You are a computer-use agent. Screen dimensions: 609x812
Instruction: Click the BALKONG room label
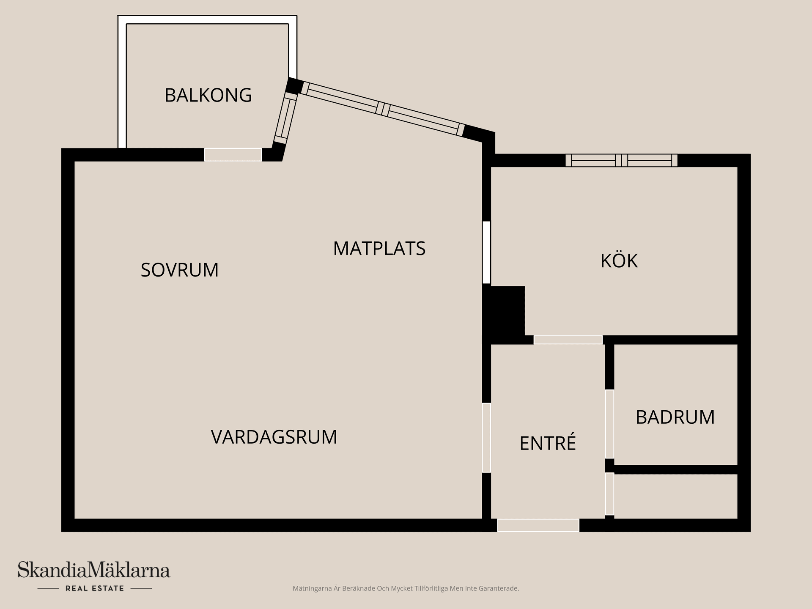click(x=208, y=95)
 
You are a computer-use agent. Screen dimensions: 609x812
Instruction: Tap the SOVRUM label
click(x=180, y=270)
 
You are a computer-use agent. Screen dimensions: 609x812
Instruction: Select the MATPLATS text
click(x=379, y=248)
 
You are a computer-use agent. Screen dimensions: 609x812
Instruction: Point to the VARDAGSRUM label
click(x=274, y=437)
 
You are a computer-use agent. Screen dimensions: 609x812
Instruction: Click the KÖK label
click(x=619, y=261)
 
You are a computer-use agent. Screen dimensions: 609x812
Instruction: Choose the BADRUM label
click(x=675, y=417)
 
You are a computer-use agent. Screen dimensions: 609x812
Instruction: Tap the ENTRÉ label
click(x=548, y=443)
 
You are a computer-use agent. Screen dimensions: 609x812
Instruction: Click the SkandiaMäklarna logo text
click(x=94, y=570)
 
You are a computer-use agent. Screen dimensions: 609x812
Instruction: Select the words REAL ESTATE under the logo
click(x=95, y=588)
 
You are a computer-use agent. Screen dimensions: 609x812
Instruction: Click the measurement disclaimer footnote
click(x=406, y=588)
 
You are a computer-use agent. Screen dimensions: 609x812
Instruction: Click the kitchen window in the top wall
click(x=621, y=160)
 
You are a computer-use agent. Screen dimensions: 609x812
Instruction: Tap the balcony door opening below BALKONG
click(x=233, y=155)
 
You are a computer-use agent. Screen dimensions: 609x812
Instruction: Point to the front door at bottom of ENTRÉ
click(x=538, y=525)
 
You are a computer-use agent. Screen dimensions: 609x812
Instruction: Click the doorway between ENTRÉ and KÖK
click(x=568, y=340)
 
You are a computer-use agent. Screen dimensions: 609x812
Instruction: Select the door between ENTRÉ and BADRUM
click(x=609, y=424)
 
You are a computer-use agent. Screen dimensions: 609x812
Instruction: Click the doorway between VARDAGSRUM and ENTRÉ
click(x=486, y=438)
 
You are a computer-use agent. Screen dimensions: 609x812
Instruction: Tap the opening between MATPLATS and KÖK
click(x=486, y=252)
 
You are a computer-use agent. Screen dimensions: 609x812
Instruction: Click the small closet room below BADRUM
click(x=675, y=496)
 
